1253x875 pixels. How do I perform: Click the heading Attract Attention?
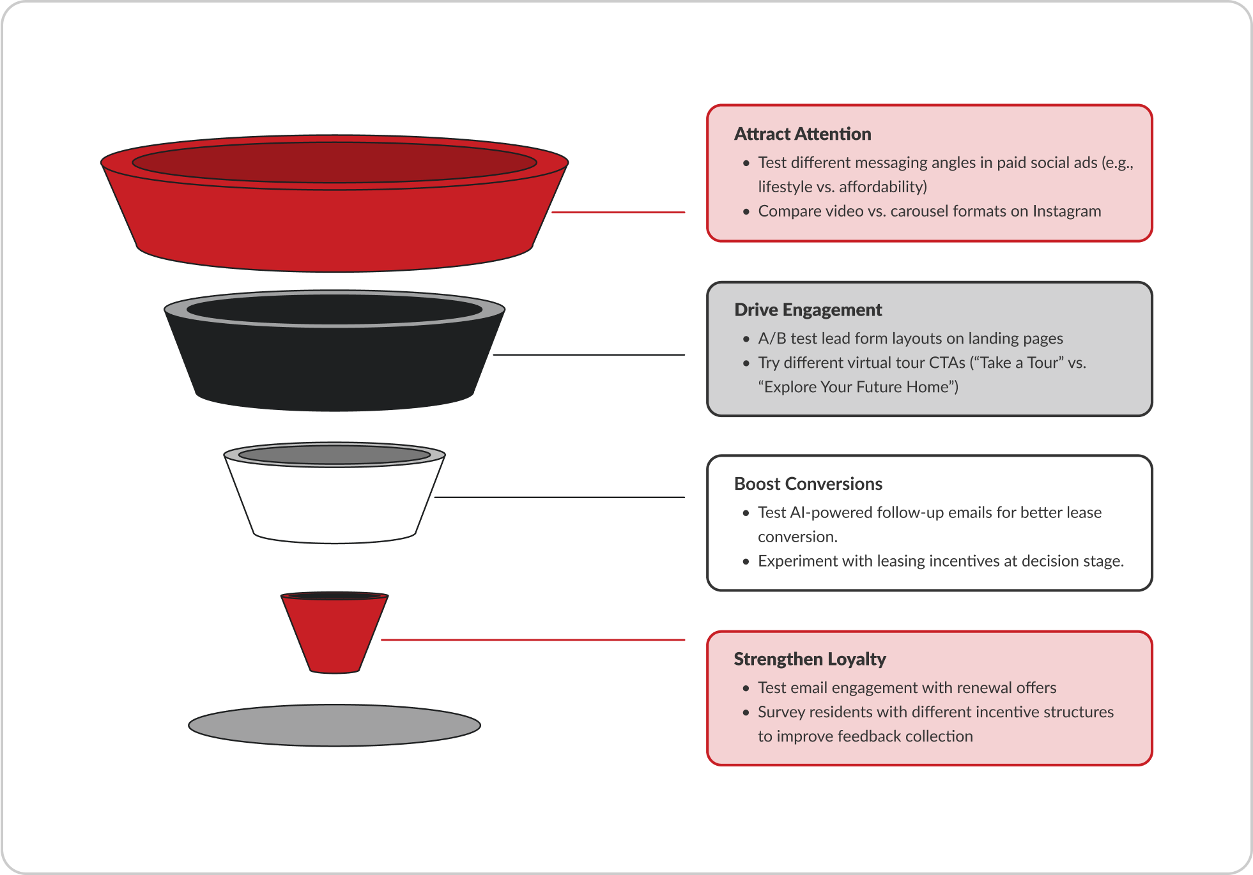[x=802, y=134]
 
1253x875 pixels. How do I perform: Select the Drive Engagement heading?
[x=808, y=310]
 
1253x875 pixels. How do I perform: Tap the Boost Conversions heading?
[x=808, y=484]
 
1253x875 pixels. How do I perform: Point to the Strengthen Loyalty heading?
[x=809, y=659]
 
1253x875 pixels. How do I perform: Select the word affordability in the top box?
[x=882, y=187]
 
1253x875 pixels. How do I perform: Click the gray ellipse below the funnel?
[x=334, y=726]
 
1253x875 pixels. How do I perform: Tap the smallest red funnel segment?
[x=334, y=635]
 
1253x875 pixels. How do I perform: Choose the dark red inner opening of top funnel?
[x=334, y=162]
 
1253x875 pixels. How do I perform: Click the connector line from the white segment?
[x=559, y=497]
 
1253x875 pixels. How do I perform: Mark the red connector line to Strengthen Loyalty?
[x=534, y=639]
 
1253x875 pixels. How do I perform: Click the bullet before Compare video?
[x=746, y=212]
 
